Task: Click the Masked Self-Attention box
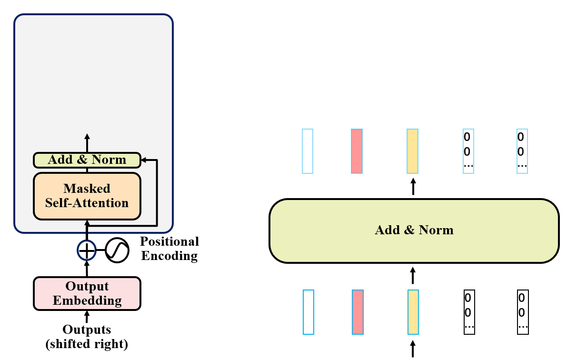tap(87, 196)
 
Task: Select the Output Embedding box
tap(87, 293)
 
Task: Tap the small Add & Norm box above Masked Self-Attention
tap(87, 160)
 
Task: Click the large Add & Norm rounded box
tap(414, 230)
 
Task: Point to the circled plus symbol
tap(87, 250)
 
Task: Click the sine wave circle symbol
tap(117, 250)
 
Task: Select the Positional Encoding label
tap(169, 249)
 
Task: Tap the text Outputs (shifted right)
tap(87, 337)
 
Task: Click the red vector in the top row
tap(357, 151)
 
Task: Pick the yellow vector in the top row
tap(413, 151)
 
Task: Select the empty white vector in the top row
tap(308, 151)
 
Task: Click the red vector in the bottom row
tap(358, 312)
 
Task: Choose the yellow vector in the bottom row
tap(413, 312)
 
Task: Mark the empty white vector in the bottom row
tap(308, 312)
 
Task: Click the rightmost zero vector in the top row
tap(522, 151)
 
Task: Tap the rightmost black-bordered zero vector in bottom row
tap(523, 312)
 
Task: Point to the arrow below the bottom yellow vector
tap(413, 349)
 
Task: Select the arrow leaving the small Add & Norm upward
tap(87, 143)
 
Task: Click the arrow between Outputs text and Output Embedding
tap(87, 317)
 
